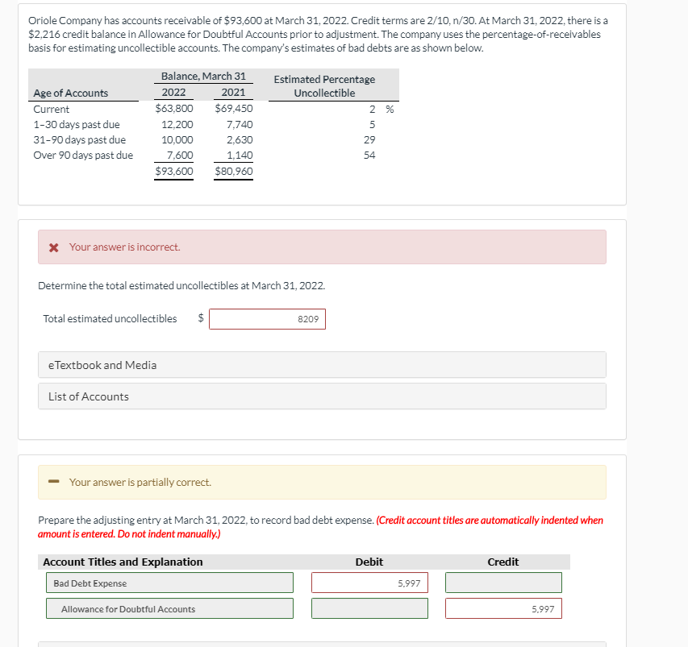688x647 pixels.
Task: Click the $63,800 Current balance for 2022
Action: tap(174, 109)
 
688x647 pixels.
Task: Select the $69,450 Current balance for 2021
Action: tap(234, 109)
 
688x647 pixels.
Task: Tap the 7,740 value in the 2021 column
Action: tap(240, 124)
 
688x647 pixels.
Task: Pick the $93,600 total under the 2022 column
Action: tap(174, 171)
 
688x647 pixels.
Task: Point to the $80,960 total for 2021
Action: tap(234, 171)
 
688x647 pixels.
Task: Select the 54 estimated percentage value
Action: tap(370, 156)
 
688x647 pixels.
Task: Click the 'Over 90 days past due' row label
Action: tap(83, 156)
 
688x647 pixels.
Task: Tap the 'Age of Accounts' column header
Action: tap(71, 93)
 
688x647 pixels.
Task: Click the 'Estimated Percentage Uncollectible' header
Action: tap(324, 86)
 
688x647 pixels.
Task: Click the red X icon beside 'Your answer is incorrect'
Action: tap(53, 247)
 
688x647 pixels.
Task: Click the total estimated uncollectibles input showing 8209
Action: tap(267, 320)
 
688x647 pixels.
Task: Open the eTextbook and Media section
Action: tap(322, 365)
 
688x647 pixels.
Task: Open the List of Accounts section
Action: tap(322, 396)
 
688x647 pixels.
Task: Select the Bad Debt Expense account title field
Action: tap(169, 583)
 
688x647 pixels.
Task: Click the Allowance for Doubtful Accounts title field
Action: tap(169, 609)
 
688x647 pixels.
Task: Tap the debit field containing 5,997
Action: tap(369, 583)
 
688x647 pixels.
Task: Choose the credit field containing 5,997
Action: tap(503, 609)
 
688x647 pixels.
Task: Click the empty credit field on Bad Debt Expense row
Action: tap(503, 583)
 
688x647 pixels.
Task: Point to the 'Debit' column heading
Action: tap(369, 562)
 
